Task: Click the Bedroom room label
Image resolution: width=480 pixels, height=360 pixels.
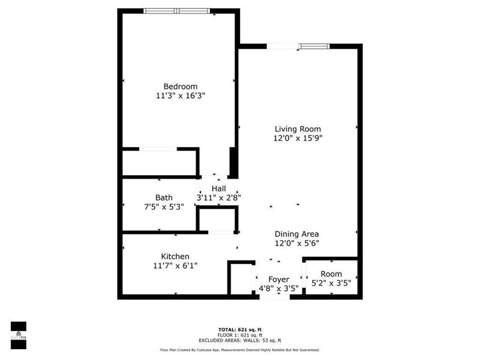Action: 181,86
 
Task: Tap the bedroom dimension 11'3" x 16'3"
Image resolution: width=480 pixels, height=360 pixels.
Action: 181,95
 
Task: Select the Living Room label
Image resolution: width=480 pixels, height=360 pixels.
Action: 298,129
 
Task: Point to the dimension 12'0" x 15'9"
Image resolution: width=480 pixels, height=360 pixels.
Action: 298,138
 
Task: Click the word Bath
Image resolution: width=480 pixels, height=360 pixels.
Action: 164,197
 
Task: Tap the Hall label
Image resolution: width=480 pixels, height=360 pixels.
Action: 218,188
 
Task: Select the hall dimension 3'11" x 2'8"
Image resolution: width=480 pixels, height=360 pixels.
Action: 218,197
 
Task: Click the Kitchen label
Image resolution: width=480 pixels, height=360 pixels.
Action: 175,256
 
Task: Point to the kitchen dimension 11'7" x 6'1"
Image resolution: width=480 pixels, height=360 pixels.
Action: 175,265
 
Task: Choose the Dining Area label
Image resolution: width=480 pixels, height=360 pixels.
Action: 296,234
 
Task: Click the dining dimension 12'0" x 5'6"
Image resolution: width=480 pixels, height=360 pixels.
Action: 296,243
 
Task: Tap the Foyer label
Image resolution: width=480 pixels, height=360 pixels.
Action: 278,280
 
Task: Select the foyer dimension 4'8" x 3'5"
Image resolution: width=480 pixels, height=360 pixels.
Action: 278,289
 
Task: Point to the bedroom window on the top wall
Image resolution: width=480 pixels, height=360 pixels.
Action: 177,11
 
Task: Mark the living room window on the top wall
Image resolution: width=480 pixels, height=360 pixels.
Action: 298,46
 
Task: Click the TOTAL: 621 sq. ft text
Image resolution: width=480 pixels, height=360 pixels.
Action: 239,329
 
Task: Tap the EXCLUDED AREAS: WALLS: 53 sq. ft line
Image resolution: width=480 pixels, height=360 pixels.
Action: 239,340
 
